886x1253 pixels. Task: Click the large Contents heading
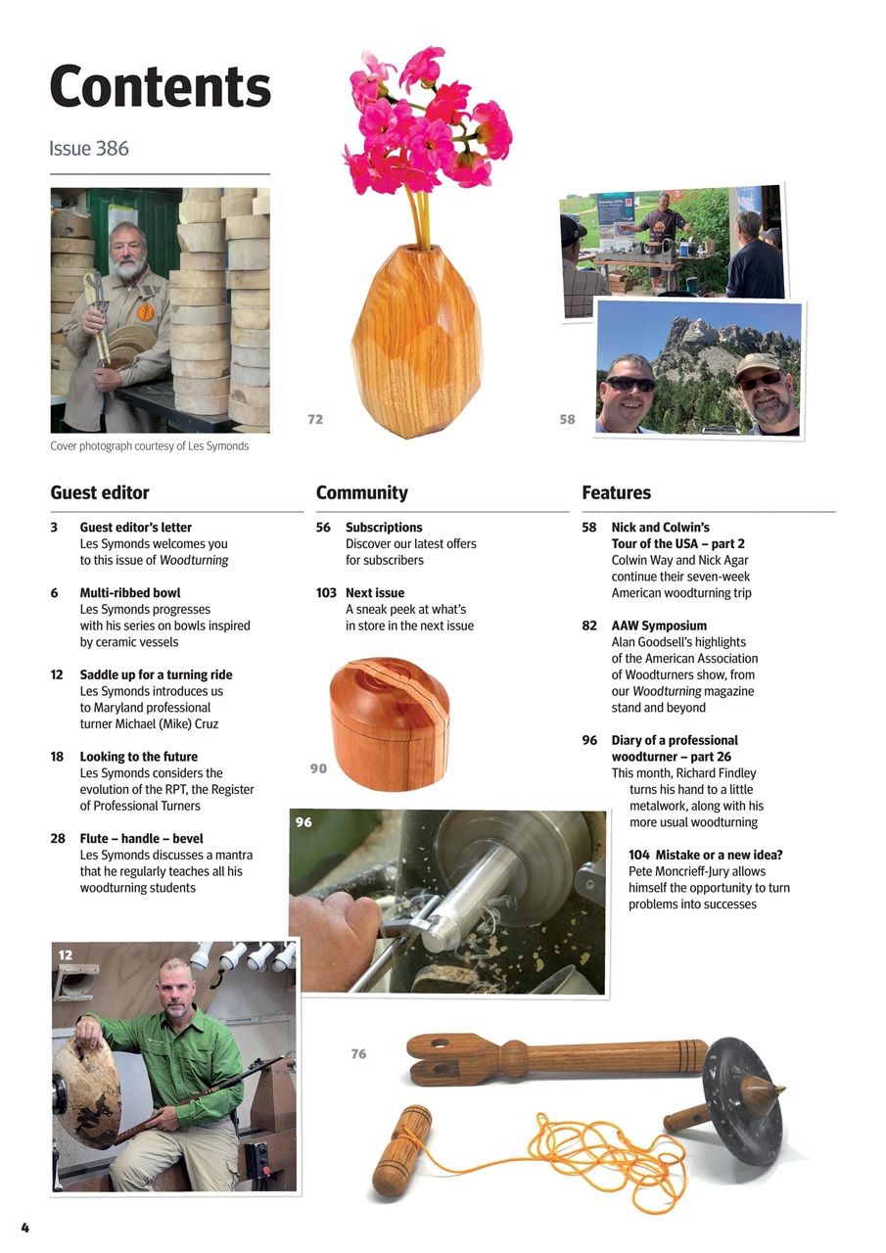click(160, 87)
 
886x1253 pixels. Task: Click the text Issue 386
click(89, 149)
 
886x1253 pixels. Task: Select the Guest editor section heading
click(100, 492)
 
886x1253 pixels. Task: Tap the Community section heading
click(361, 492)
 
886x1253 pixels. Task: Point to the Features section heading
click(616, 492)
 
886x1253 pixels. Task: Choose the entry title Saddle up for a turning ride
click(156, 674)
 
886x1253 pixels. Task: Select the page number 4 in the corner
click(24, 1228)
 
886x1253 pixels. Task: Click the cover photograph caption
click(149, 446)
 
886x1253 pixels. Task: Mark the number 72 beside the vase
click(314, 419)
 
